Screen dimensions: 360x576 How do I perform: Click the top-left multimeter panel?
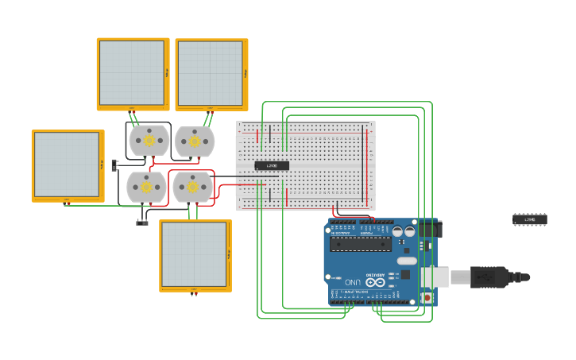133,73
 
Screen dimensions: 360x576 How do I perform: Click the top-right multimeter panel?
211,73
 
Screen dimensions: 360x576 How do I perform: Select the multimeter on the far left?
68,165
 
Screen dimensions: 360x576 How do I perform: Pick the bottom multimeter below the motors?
195,255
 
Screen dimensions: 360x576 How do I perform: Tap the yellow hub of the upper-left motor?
149,141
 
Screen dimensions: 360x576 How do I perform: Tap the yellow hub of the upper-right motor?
195,141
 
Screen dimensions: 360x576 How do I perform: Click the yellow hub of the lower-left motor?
147,187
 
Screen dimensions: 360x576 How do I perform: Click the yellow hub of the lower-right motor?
192,188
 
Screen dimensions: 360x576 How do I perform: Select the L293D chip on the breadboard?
272,165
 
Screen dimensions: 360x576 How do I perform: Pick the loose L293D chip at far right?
530,219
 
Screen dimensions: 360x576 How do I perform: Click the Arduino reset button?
427,298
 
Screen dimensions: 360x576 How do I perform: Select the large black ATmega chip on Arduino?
360,244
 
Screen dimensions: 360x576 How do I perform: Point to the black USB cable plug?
489,277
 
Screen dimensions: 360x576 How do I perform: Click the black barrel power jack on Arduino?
428,229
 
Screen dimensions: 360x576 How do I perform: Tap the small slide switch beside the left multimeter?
114,165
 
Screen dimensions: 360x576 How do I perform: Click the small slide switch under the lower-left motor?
142,223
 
